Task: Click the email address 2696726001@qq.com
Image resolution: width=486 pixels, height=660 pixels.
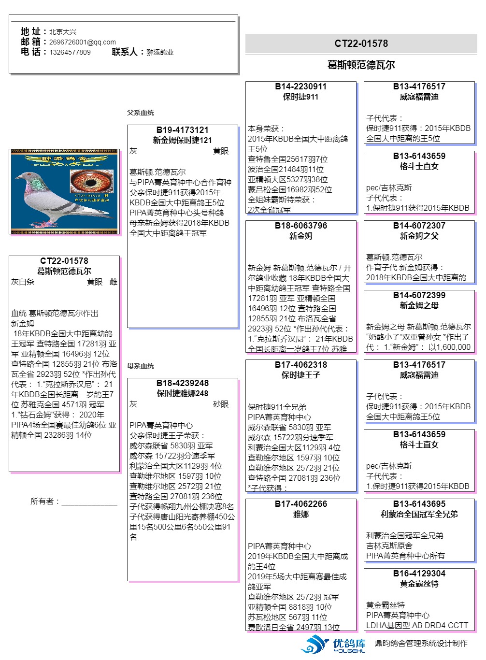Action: click(x=82, y=42)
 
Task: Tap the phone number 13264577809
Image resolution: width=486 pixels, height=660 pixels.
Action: click(x=70, y=52)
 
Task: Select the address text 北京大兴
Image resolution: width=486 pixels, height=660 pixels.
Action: click(x=63, y=32)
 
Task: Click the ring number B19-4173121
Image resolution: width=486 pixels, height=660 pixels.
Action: click(x=183, y=130)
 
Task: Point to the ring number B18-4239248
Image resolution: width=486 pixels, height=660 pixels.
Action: click(x=183, y=383)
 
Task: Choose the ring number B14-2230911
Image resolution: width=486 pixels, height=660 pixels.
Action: click(x=300, y=86)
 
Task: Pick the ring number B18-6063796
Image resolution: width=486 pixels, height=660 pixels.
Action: click(x=300, y=226)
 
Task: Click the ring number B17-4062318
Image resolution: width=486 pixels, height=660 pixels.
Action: click(x=300, y=365)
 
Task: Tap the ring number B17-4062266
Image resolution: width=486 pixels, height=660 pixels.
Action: click(x=300, y=504)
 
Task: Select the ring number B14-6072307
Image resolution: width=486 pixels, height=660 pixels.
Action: click(x=419, y=226)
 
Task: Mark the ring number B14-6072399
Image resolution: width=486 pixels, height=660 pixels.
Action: click(x=419, y=295)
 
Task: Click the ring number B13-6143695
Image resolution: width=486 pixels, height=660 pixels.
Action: click(x=419, y=504)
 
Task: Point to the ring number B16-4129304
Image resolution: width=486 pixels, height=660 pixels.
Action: click(x=419, y=574)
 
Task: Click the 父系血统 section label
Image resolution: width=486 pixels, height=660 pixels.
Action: click(x=141, y=113)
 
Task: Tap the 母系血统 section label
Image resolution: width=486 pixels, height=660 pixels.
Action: click(x=141, y=366)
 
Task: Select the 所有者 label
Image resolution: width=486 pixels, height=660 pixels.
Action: click(x=44, y=502)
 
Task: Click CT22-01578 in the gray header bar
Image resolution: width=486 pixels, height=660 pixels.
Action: click(x=361, y=43)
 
